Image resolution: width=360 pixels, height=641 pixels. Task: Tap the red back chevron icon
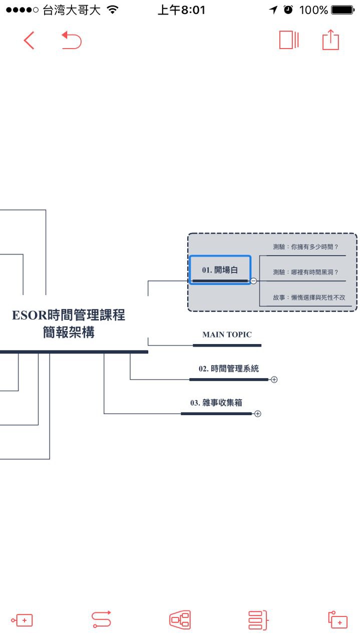point(29,40)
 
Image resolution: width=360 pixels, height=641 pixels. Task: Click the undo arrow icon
point(72,40)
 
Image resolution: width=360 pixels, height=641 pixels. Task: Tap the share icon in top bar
point(330,40)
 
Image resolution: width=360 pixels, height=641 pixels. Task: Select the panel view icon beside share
point(289,40)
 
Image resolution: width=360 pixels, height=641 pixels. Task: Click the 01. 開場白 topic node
point(220,270)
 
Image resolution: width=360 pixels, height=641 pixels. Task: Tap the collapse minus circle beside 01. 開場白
point(253,281)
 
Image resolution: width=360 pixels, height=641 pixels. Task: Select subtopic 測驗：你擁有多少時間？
point(305,247)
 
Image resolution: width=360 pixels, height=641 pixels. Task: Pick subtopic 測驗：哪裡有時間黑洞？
point(305,272)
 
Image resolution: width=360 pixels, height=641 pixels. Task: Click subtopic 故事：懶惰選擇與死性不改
point(309,297)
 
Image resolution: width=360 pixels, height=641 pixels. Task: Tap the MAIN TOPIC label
point(227,335)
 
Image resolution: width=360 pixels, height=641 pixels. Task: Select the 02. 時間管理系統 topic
point(229,369)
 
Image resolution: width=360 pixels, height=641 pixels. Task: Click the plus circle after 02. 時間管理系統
point(274,380)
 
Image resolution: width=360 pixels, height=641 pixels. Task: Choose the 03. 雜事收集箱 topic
point(216,403)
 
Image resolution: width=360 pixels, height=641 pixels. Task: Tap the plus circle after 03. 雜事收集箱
point(257,414)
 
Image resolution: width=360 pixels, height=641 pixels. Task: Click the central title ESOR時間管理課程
point(69,315)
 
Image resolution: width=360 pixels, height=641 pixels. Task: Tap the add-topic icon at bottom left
point(22,620)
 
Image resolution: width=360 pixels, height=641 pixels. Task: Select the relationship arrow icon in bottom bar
point(101,620)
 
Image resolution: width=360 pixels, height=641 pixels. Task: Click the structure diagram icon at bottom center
point(180,620)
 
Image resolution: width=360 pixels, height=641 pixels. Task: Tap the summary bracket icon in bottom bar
point(258,620)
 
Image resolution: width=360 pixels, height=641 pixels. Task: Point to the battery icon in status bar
point(343,10)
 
